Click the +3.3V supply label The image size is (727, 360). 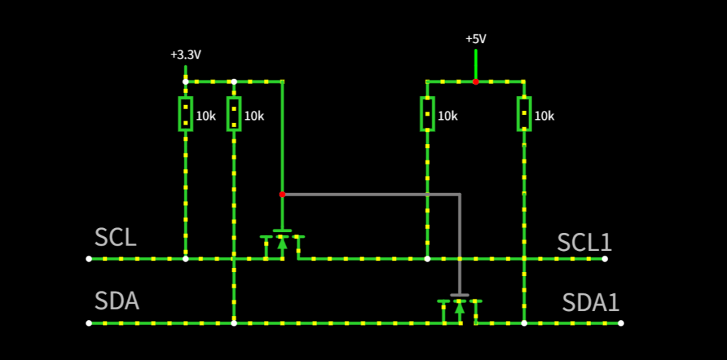click(186, 55)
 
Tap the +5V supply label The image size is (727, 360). click(476, 39)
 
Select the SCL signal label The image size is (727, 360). click(116, 238)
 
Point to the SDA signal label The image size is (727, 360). click(117, 301)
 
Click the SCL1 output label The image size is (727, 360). click(584, 242)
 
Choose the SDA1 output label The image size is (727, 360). click(591, 303)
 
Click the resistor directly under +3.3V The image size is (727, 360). click(186, 114)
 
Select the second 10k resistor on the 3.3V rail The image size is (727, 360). click(234, 114)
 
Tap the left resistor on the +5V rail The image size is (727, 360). click(427, 114)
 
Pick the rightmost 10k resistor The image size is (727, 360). click(524, 114)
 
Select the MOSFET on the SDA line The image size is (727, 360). click(460, 308)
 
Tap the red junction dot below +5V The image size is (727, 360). click(476, 81)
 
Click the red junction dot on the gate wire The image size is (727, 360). click(282, 194)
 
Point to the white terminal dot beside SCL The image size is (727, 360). click(89, 259)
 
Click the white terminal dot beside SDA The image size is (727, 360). click(89, 324)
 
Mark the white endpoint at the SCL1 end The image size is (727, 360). click(604, 259)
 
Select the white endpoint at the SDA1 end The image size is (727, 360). click(621, 324)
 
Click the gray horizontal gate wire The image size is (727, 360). click(372, 194)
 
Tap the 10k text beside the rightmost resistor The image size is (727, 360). click(545, 116)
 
